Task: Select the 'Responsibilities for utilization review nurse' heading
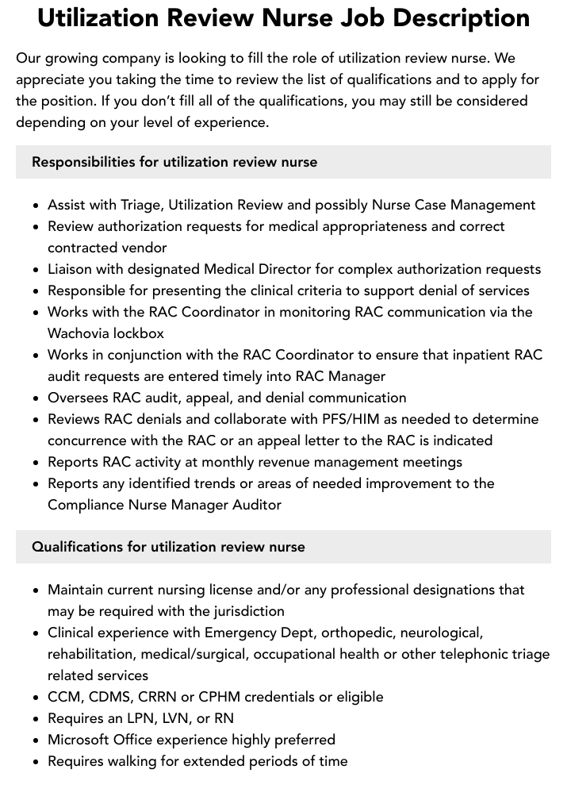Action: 174,162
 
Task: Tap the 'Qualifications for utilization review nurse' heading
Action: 168,547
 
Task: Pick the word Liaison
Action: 73,269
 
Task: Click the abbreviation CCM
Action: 65,697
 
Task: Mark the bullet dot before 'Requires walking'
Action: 36,762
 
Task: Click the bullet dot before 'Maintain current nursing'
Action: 36,590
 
